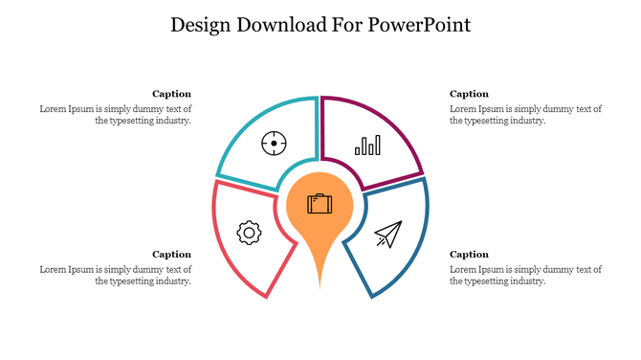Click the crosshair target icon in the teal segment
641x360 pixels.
pos(275,144)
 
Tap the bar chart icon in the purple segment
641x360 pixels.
pos(367,145)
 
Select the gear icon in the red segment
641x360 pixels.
pos(249,231)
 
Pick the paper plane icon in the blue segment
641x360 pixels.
pos(387,234)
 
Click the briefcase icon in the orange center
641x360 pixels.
pos(320,203)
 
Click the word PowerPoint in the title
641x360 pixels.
pos(422,25)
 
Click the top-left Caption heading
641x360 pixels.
pos(172,94)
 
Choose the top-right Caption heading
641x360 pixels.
pos(469,94)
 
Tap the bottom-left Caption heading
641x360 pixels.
pos(172,254)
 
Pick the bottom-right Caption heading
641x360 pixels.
pos(469,254)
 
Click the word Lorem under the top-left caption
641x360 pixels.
pos(53,108)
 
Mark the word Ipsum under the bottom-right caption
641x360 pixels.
pos(491,269)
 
